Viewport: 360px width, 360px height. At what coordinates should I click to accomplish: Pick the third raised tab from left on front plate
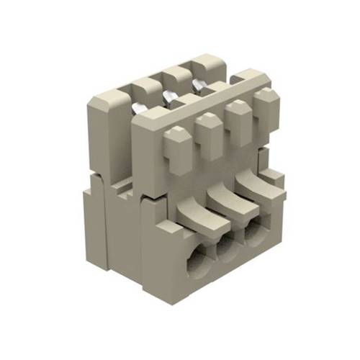(238, 115)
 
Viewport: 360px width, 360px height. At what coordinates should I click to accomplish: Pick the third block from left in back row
(176, 75)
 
